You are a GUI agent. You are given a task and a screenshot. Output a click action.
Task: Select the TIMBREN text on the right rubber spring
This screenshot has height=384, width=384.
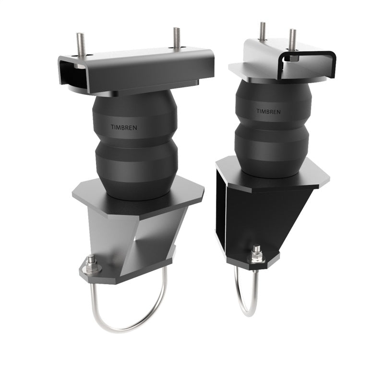(269, 111)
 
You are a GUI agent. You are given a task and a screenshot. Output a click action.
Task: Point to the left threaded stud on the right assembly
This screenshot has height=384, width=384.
(263, 31)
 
